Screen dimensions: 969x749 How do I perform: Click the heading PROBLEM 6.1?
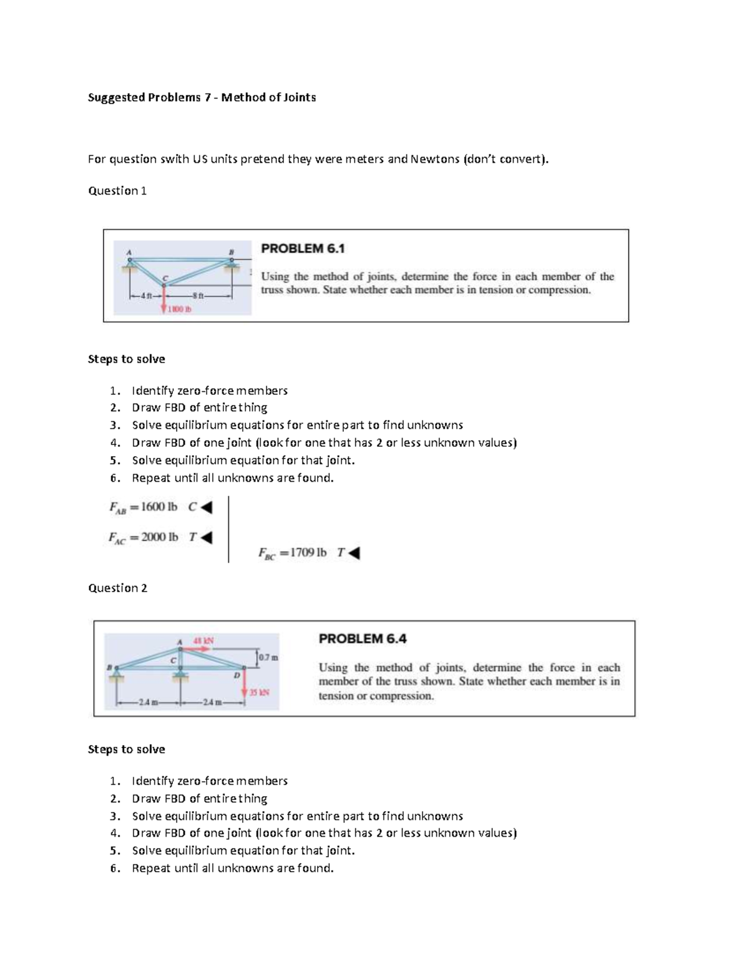[x=303, y=248]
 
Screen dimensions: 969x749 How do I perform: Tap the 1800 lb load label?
[x=180, y=309]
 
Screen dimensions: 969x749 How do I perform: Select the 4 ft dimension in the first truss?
[x=145, y=296]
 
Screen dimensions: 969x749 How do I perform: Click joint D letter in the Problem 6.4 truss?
[x=237, y=675]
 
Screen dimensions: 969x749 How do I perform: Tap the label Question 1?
[x=117, y=191]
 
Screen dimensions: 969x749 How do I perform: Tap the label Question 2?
[x=117, y=588]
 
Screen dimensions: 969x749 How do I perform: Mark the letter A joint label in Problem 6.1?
[x=129, y=252]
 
